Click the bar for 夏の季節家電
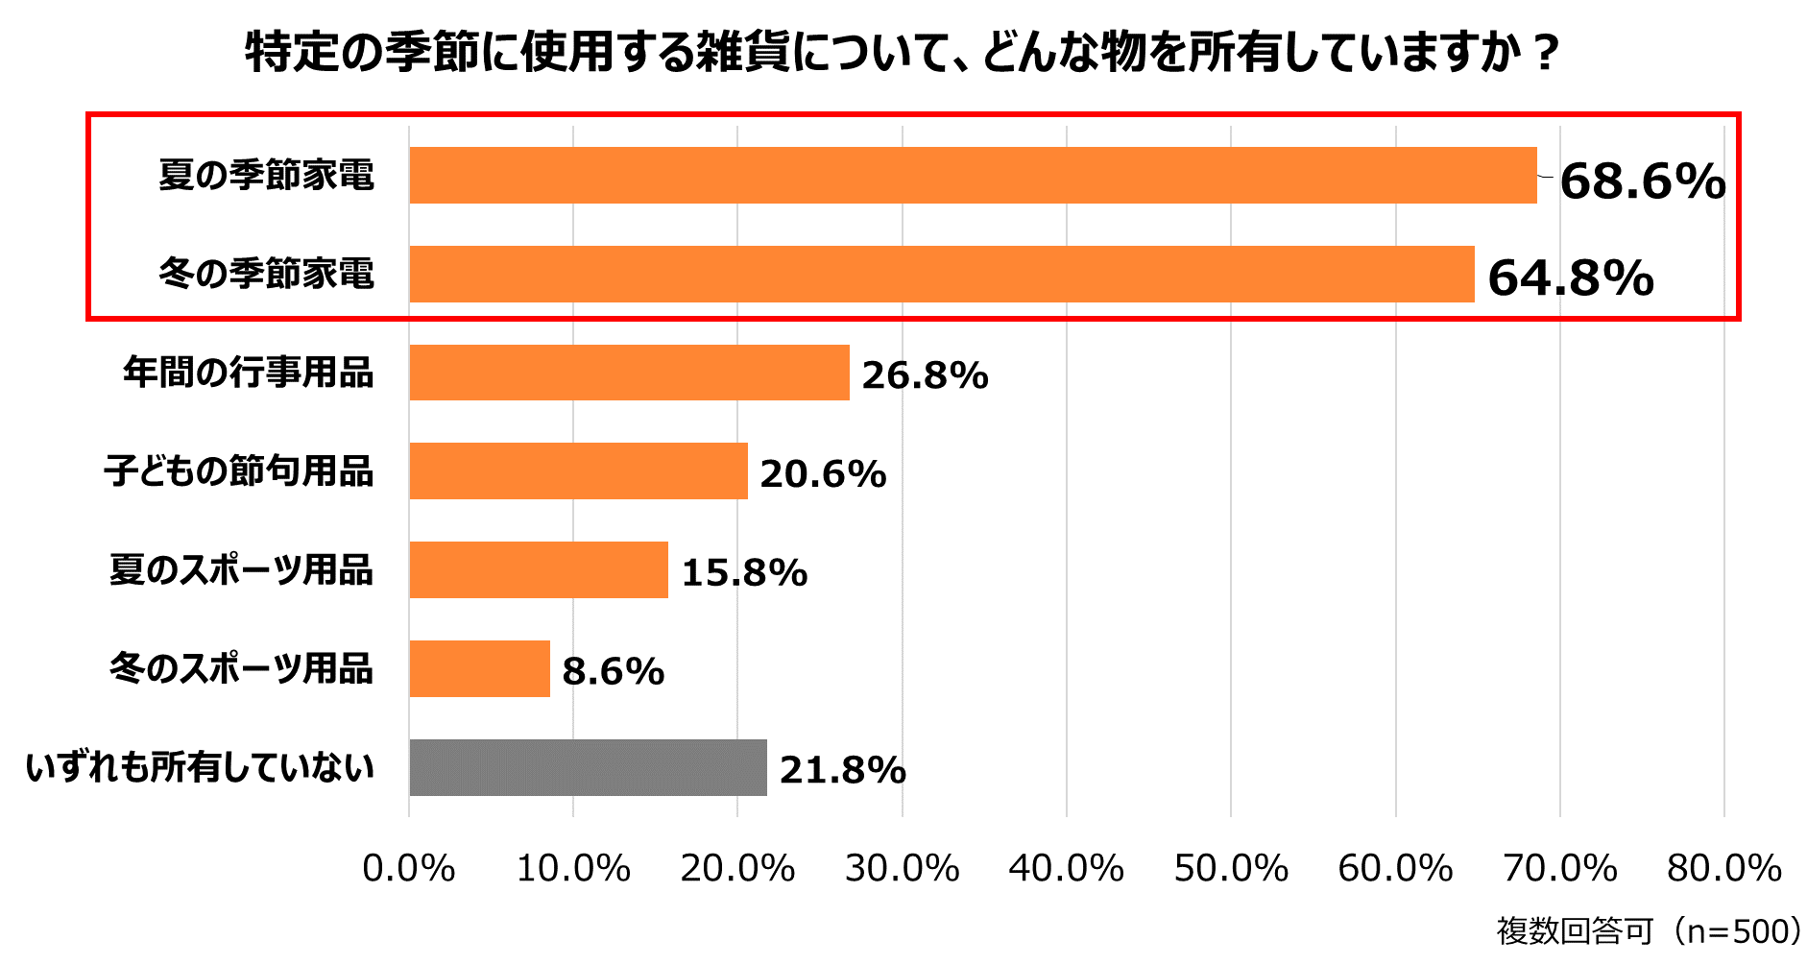[x=973, y=175]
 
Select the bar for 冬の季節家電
[x=941, y=274]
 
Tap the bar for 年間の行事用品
[x=629, y=373]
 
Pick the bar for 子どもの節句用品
[x=578, y=471]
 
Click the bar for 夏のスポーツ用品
[x=538, y=570]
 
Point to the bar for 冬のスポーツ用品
[x=479, y=669]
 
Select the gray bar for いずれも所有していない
[x=588, y=768]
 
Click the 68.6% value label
[x=1642, y=181]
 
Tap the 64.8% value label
[x=1571, y=278]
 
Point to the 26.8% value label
[x=925, y=375]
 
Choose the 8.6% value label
[x=613, y=671]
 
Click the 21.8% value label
[x=842, y=770]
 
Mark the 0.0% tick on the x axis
[x=409, y=869]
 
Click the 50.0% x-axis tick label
[x=1231, y=869]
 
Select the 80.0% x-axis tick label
[x=1724, y=869]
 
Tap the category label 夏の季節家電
[x=266, y=176]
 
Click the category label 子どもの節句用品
[x=239, y=471]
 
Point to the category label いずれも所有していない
[x=200, y=768]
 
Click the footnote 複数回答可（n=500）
[x=1649, y=930]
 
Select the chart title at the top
[x=902, y=53]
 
